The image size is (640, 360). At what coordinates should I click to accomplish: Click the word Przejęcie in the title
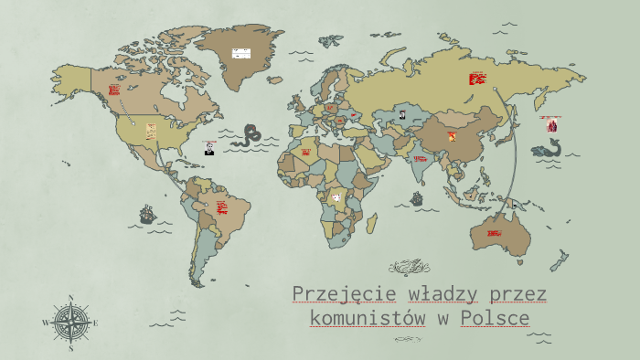click(x=344, y=294)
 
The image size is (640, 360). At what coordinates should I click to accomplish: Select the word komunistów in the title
click(x=368, y=319)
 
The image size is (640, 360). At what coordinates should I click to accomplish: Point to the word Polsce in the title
click(x=495, y=319)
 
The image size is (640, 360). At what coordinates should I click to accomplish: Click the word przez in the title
click(x=517, y=294)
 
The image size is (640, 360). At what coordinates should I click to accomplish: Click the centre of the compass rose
click(x=70, y=323)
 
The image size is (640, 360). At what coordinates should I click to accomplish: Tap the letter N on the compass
click(x=70, y=298)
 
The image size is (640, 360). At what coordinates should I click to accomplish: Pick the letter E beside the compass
click(x=95, y=323)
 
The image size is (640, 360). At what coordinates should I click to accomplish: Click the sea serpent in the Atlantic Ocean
click(x=246, y=136)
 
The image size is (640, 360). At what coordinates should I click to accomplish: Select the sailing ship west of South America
click(x=146, y=215)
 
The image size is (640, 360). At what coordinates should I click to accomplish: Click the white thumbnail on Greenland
click(x=241, y=53)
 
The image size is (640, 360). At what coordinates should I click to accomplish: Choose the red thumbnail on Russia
click(x=477, y=79)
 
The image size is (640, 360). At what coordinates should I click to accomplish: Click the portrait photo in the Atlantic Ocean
click(x=209, y=148)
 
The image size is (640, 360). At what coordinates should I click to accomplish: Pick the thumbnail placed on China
click(x=450, y=136)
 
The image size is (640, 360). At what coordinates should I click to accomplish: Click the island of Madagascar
click(x=373, y=222)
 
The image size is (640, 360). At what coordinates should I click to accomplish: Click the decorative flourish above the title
click(x=408, y=267)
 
